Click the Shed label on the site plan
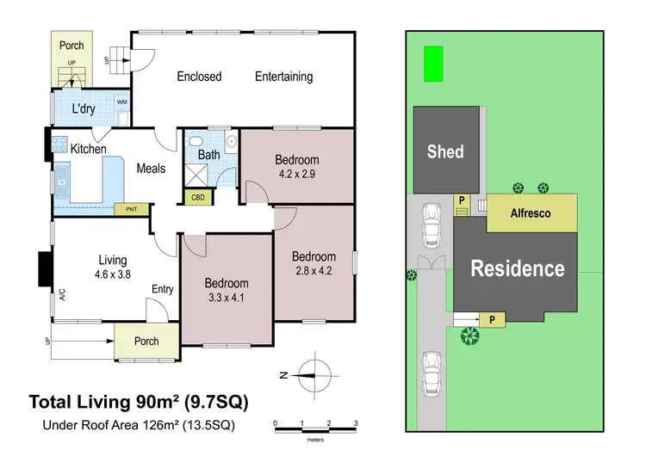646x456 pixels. (445, 152)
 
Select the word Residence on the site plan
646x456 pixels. (517, 268)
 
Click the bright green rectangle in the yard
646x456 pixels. (433, 64)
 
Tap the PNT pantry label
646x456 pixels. (131, 208)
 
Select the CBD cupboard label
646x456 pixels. (199, 197)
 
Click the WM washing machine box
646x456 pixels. (121, 102)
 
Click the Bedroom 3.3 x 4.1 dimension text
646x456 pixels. (226, 298)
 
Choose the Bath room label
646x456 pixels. (208, 155)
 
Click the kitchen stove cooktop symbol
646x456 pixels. (60, 145)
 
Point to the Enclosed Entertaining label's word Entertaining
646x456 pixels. (283, 77)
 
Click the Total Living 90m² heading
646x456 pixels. (142, 401)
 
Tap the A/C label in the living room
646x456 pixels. (62, 293)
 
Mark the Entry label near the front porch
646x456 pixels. (162, 289)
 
